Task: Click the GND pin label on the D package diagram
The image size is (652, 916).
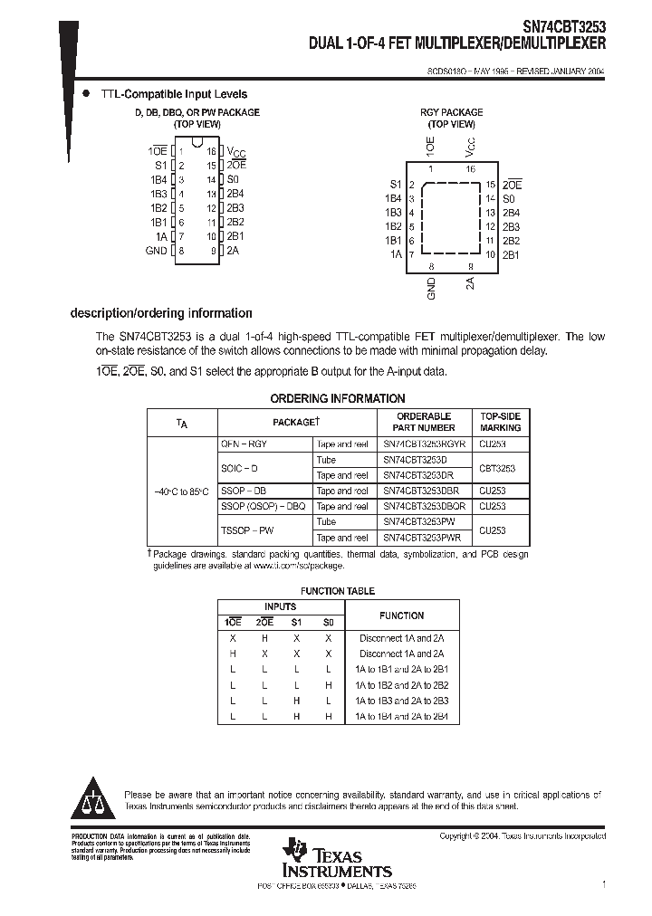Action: [157, 250]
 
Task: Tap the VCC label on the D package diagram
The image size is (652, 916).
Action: [235, 152]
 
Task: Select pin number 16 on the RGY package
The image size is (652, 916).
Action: [470, 169]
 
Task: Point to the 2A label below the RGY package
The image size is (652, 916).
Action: [470, 283]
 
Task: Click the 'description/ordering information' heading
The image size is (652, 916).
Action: [161, 313]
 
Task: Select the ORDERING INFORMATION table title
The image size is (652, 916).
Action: [338, 398]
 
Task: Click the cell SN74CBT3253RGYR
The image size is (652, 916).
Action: [424, 444]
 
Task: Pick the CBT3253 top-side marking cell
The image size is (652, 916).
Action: [497, 468]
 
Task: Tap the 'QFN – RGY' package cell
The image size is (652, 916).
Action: [244, 444]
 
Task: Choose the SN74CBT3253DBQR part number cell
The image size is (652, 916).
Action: [424, 506]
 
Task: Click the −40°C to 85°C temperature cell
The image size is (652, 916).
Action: [182, 491]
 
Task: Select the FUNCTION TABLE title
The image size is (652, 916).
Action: [338, 591]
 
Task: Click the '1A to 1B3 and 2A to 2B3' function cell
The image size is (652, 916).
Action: [402, 701]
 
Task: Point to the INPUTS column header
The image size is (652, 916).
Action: [280, 606]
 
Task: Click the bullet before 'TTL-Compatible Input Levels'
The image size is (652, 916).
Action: [87, 94]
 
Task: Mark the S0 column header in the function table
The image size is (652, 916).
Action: [328, 623]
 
